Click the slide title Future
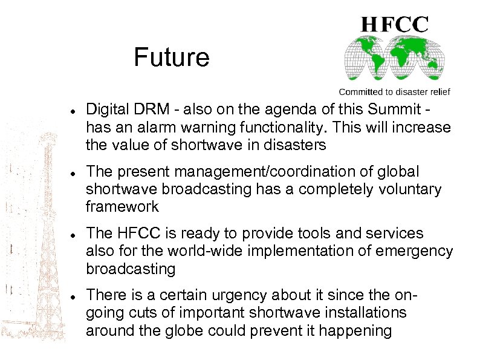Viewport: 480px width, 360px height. pyautogui.click(x=171, y=58)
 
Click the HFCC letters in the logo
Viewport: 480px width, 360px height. pyautogui.click(x=395, y=24)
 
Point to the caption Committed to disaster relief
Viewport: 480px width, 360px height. pyautogui.click(x=394, y=92)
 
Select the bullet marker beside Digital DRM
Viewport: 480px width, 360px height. pyautogui.click(x=72, y=112)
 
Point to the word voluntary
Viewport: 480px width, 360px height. pyautogui.click(x=413, y=189)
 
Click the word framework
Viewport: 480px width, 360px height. pyautogui.click(x=122, y=207)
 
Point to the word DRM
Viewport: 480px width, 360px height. pyautogui.click(x=148, y=110)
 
